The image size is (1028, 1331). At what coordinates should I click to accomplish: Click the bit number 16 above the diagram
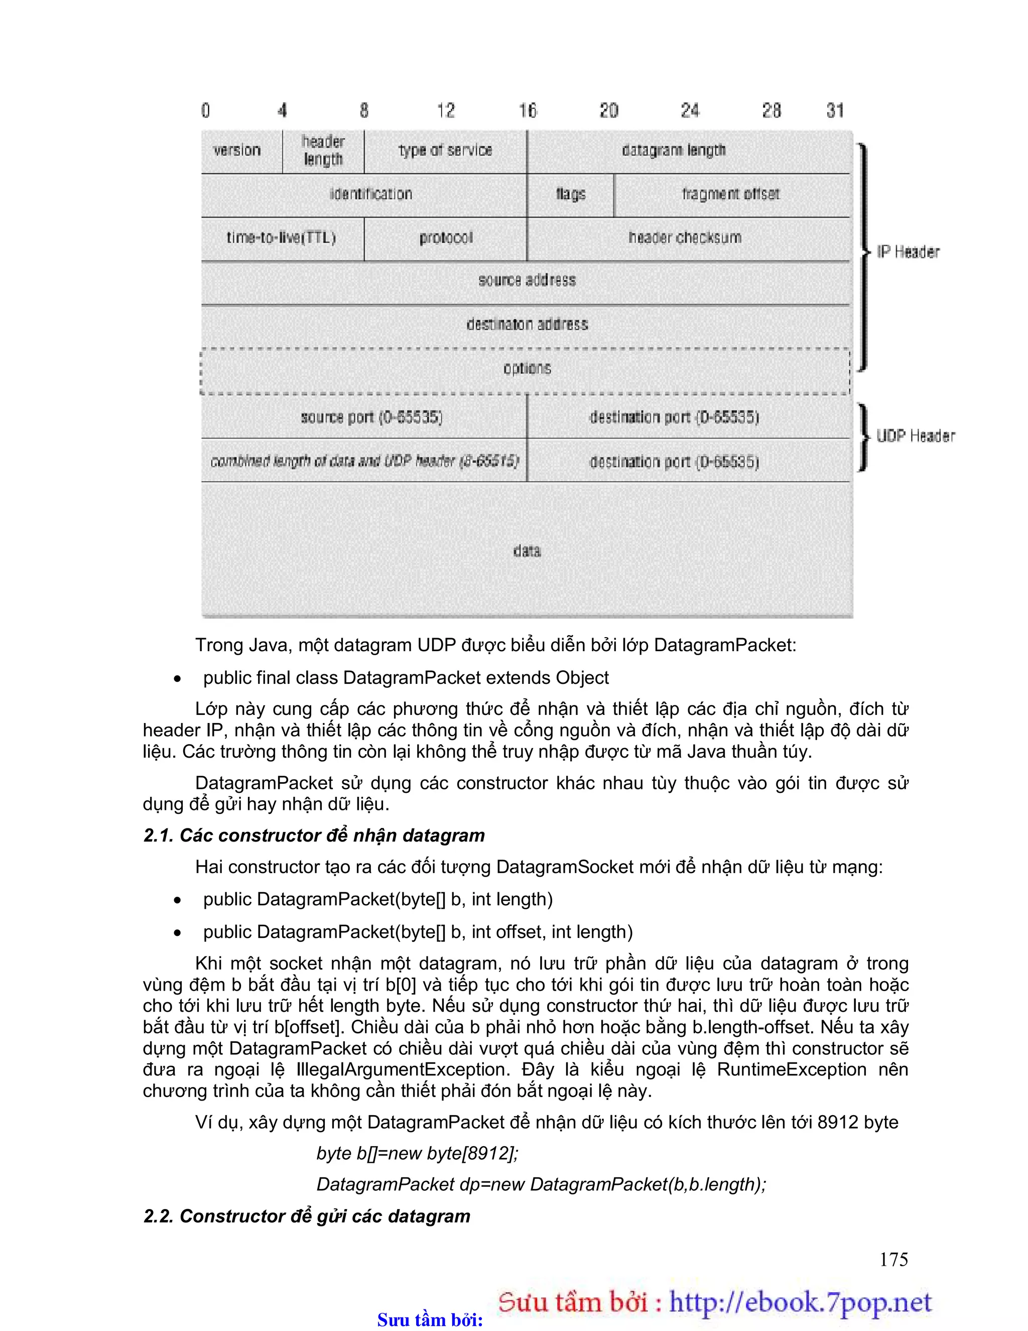[528, 110]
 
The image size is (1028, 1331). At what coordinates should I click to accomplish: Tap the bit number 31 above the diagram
[835, 110]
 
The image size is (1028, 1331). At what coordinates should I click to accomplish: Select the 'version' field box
[237, 150]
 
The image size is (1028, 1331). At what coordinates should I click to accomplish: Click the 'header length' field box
[323, 151]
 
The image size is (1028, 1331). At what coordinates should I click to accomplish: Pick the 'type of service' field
[445, 150]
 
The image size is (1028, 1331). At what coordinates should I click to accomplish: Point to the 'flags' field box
[570, 194]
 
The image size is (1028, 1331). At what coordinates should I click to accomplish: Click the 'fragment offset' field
[731, 194]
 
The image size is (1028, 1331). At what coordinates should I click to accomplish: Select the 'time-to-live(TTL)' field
[282, 237]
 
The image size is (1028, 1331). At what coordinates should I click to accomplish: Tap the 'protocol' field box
[445, 237]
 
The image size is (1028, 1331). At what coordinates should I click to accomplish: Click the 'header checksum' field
[685, 237]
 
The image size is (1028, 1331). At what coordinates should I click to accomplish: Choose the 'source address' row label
[527, 280]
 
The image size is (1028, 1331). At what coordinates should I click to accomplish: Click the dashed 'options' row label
[527, 368]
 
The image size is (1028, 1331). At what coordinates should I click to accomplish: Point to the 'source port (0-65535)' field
[371, 417]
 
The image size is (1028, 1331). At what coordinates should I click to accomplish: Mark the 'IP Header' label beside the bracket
[908, 252]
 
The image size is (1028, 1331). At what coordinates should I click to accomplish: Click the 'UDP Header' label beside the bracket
[915, 436]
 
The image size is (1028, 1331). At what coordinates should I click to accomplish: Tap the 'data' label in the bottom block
[527, 551]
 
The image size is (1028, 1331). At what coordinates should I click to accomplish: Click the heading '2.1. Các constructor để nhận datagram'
[314, 835]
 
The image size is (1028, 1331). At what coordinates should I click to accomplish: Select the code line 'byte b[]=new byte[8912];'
[418, 1153]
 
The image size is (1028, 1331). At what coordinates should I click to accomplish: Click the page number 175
[893, 1259]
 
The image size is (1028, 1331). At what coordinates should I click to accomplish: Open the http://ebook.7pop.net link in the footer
[800, 1302]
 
